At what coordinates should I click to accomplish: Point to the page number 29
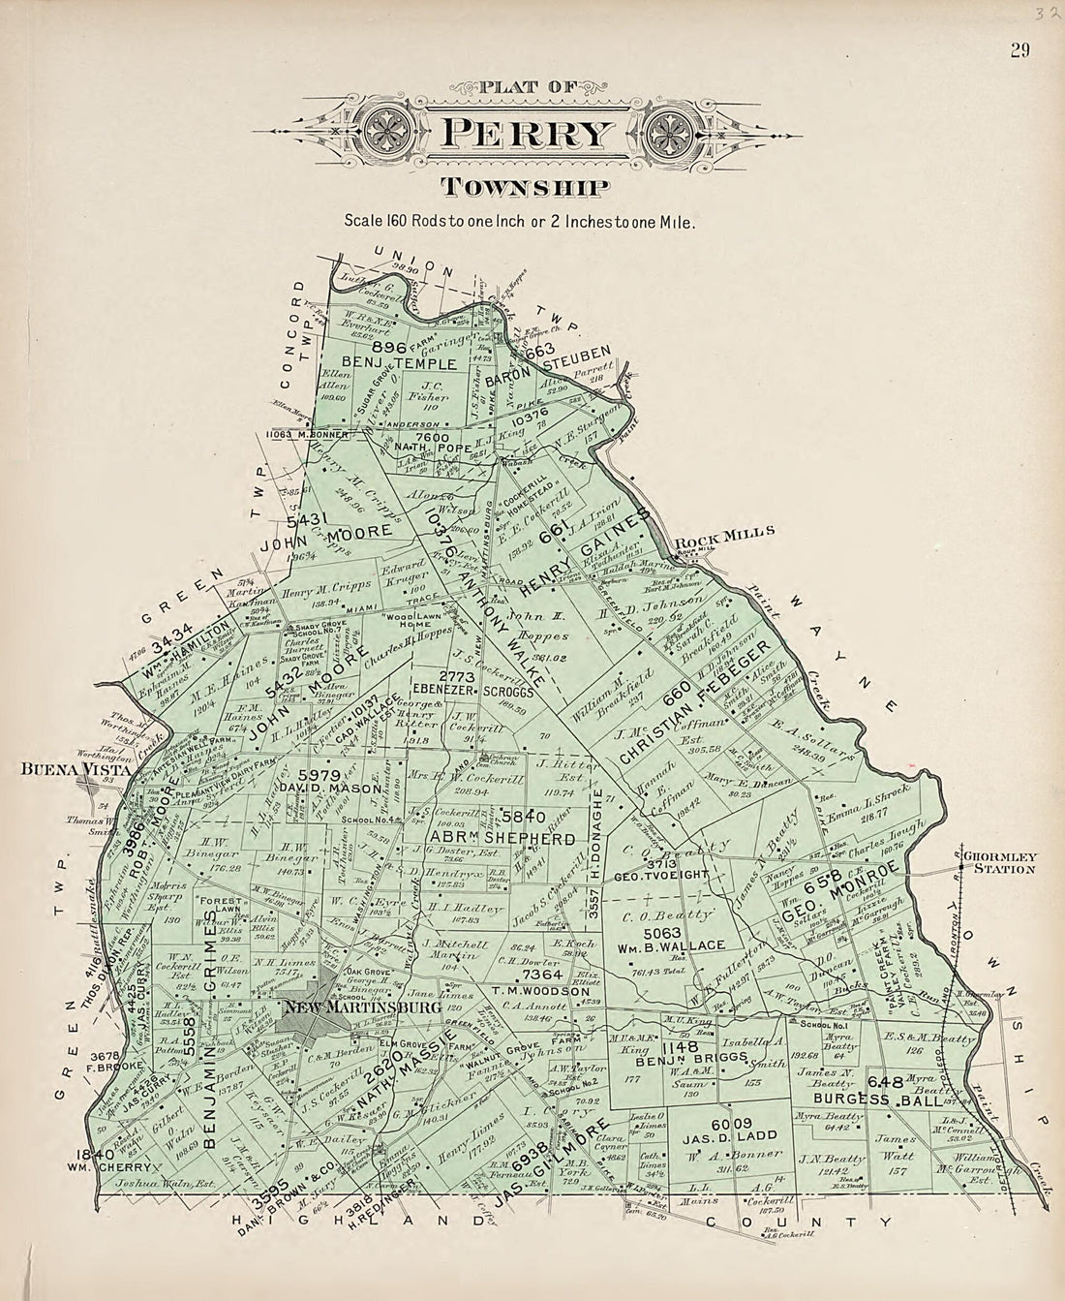(x=1019, y=51)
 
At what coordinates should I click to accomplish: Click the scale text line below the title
(x=520, y=220)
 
